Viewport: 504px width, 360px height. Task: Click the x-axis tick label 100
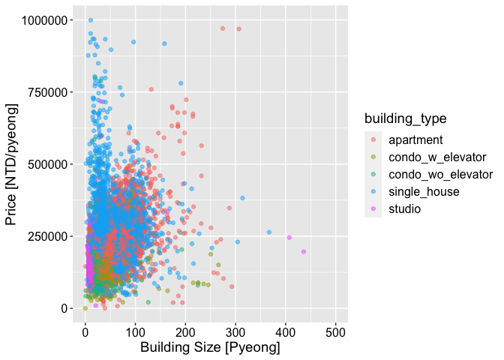click(x=135, y=331)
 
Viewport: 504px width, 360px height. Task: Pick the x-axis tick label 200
click(x=185, y=331)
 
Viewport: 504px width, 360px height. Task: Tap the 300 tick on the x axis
click(x=235, y=331)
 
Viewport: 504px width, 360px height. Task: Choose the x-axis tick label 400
click(x=286, y=331)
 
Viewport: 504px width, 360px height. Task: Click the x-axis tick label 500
click(x=336, y=331)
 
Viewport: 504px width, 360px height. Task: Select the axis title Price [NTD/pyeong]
click(x=11, y=163)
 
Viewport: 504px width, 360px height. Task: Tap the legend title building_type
click(x=406, y=118)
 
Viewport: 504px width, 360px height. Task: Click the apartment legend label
click(x=416, y=139)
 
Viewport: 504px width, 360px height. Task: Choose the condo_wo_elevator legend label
click(x=440, y=174)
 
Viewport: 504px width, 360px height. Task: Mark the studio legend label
click(x=406, y=208)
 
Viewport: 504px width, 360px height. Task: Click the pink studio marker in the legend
click(x=373, y=208)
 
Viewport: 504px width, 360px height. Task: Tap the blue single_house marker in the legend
click(x=373, y=191)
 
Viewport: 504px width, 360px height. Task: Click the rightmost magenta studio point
click(x=304, y=252)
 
